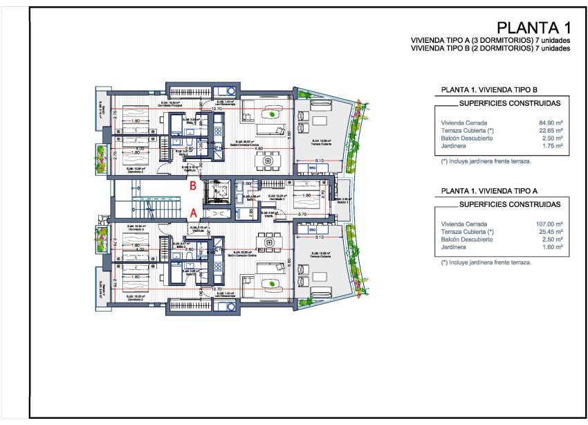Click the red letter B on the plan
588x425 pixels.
[194, 186]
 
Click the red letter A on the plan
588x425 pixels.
[194, 213]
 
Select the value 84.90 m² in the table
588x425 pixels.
[550, 123]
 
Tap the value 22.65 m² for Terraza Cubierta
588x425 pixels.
[550, 131]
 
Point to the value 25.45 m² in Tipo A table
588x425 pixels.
[550, 232]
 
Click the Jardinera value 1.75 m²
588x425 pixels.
[551, 147]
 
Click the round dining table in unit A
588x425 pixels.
[266, 242]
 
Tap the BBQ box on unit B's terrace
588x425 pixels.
[312, 168]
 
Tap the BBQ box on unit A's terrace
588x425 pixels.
[312, 230]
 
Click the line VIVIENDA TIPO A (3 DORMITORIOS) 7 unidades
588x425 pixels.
[490, 42]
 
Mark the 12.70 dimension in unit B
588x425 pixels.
[217, 109]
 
